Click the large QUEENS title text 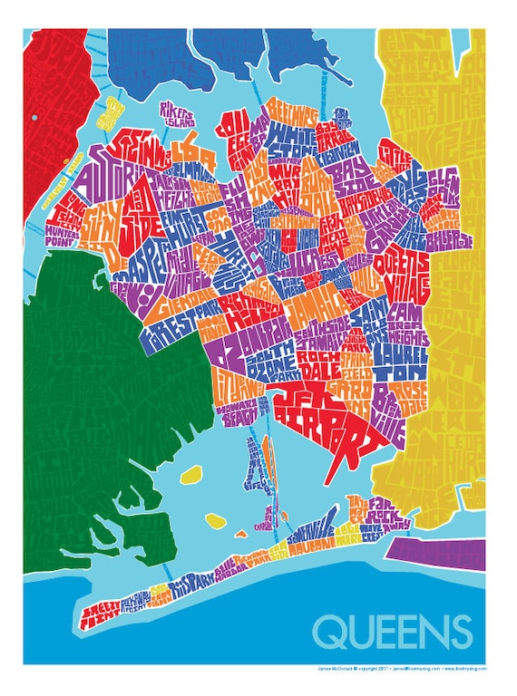pos(392,631)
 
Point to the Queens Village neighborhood pos(409,272)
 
